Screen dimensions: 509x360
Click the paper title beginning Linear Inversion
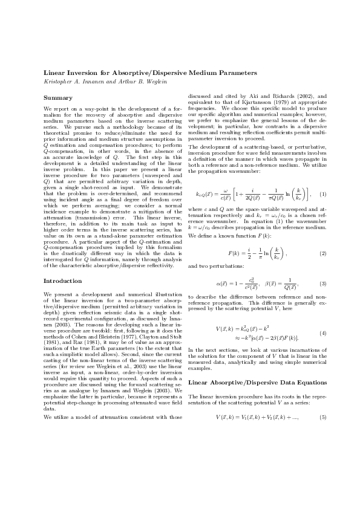151,73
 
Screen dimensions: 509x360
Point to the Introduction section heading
62,281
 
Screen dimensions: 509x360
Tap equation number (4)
324,334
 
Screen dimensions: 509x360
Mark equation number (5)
324,418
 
